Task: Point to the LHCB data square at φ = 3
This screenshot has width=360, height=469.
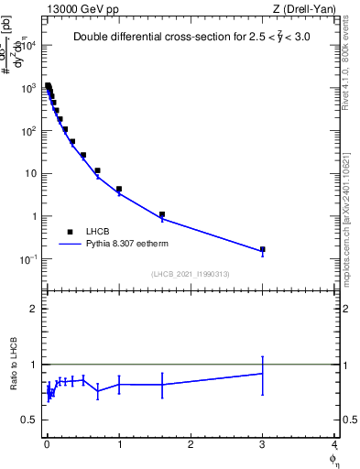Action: (x=263, y=249)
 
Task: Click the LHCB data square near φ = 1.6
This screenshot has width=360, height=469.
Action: (x=162, y=214)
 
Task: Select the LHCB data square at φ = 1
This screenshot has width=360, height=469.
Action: (x=119, y=189)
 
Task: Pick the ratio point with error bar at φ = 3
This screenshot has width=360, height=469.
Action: (x=263, y=373)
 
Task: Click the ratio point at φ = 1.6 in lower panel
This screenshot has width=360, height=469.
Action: (x=162, y=384)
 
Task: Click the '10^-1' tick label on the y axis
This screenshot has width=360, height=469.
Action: (x=28, y=259)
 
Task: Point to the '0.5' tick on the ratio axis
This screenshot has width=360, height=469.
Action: (x=28, y=420)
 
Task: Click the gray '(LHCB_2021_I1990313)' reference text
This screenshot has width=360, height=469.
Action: (x=190, y=274)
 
